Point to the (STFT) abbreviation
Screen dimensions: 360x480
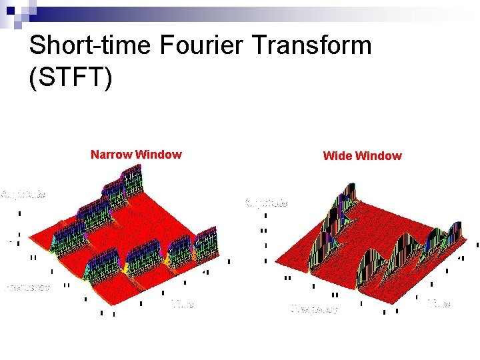71,76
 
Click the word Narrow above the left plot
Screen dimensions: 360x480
111,155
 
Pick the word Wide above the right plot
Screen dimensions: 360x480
337,156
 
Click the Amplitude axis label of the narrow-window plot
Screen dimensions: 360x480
23,195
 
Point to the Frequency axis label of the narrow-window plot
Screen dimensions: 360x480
27,287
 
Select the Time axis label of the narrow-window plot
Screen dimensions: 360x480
182,304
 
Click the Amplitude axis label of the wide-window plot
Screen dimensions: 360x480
267,202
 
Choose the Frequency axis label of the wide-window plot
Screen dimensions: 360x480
315,309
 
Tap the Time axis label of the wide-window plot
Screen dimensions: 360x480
438,304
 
